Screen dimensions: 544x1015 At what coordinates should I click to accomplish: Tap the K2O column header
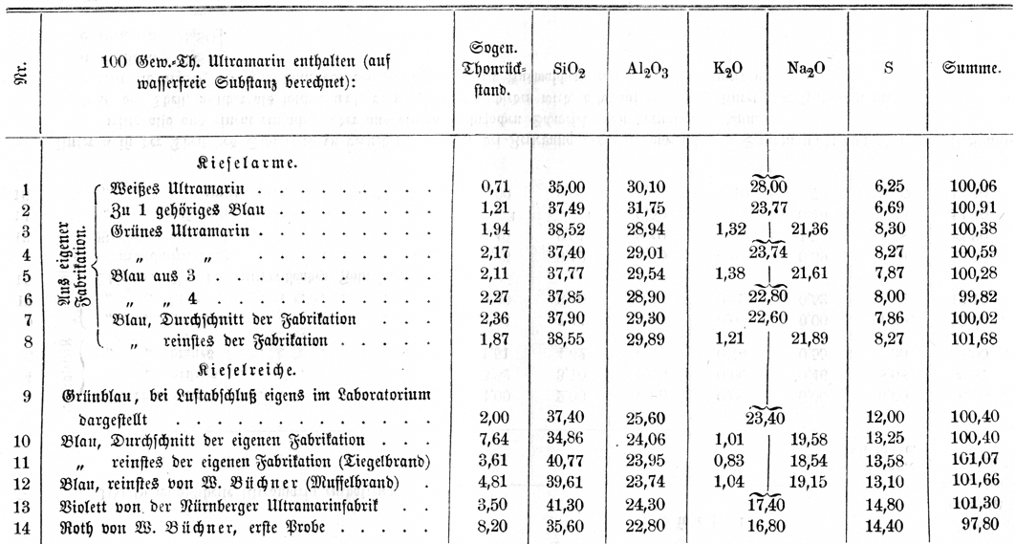coord(730,69)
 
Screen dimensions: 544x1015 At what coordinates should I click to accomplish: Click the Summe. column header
coord(971,69)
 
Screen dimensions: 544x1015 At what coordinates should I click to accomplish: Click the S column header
coord(888,69)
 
